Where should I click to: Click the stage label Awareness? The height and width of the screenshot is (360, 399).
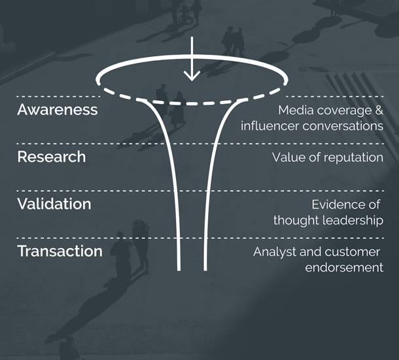(x=58, y=110)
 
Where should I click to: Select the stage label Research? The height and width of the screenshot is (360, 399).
(x=52, y=156)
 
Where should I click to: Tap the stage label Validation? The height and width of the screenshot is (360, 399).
(x=54, y=204)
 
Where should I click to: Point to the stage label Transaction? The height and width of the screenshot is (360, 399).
(x=60, y=251)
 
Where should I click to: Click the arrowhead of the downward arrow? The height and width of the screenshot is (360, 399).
(x=192, y=77)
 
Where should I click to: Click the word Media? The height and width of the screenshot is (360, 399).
(x=296, y=110)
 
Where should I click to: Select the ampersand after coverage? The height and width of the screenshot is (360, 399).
(x=379, y=110)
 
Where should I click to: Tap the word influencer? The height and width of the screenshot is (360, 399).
(x=269, y=126)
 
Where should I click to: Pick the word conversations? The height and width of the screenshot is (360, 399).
(x=343, y=126)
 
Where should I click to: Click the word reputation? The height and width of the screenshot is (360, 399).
(x=353, y=158)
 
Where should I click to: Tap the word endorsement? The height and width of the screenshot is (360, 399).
(x=344, y=268)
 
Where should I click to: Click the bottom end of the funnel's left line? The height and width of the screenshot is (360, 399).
(x=179, y=270)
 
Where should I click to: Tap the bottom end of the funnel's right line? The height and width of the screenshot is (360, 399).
(x=205, y=270)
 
